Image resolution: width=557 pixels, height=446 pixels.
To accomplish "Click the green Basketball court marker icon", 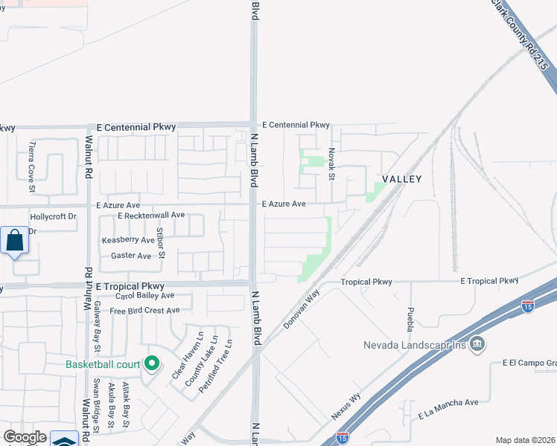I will pyautogui.click(x=153, y=363).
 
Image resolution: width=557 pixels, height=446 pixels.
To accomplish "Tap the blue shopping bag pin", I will pyautogui.click(x=14, y=241).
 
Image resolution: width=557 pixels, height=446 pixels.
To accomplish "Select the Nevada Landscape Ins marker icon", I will pyautogui.click(x=479, y=344).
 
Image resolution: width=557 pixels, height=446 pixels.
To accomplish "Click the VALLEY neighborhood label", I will pyautogui.click(x=402, y=179).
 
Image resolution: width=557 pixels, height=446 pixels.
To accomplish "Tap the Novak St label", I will pyautogui.click(x=332, y=162).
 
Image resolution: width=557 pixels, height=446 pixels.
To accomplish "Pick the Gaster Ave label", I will pyautogui.click(x=130, y=256).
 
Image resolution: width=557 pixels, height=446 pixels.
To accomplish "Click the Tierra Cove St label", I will pyautogui.click(x=32, y=158).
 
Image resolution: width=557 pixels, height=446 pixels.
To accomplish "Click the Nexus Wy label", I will pyautogui.click(x=346, y=405).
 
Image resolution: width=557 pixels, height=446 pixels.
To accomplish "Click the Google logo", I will pyautogui.click(x=25, y=437).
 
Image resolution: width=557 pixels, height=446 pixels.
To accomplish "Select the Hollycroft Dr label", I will pyautogui.click(x=53, y=217).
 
